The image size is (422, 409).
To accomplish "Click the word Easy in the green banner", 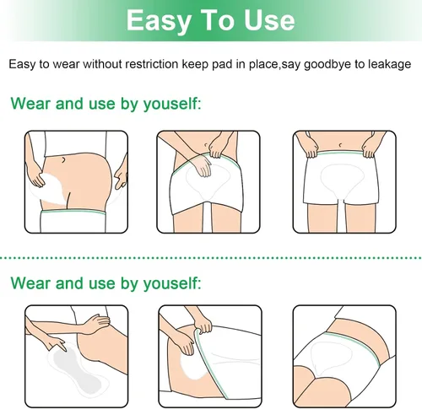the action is (x=159, y=20).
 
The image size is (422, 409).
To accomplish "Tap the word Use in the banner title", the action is (x=269, y=20).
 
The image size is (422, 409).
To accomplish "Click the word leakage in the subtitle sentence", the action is (x=390, y=64).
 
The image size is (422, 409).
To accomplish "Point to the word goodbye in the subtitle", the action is (x=327, y=64).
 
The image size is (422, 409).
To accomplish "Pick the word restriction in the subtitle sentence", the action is (x=152, y=64).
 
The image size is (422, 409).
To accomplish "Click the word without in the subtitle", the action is (x=102, y=64).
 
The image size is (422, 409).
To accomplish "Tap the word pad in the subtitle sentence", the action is (x=222, y=64).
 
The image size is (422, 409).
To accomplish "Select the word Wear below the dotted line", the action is (x=31, y=283).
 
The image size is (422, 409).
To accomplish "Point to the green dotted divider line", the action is (x=211, y=257).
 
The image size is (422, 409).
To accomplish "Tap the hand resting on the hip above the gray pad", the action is (x=98, y=322).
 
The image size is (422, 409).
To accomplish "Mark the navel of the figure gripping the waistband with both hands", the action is (x=341, y=145).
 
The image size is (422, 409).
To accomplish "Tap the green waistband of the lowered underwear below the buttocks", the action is (x=73, y=212).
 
